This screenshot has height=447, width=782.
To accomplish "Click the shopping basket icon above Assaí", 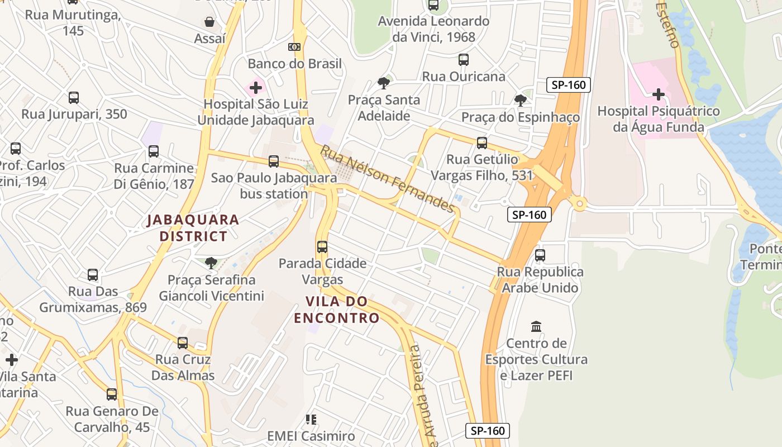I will [x=209, y=22].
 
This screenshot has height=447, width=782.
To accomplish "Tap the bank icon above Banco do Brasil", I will [x=294, y=47].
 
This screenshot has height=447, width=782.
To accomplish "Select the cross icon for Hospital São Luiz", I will [x=256, y=88].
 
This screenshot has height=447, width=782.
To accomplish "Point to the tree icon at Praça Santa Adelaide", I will [x=383, y=83].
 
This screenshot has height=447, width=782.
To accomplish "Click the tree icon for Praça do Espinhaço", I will [x=520, y=101].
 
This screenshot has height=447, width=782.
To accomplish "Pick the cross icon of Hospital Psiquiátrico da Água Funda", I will [x=659, y=94].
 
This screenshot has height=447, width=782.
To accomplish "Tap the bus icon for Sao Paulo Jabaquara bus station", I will [x=274, y=161].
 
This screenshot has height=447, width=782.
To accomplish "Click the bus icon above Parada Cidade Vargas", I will [x=322, y=246].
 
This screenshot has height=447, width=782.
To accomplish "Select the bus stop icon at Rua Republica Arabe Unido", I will [x=540, y=255].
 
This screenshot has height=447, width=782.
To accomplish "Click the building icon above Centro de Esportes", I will [x=536, y=326].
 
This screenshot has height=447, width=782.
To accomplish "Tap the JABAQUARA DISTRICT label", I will [x=193, y=228].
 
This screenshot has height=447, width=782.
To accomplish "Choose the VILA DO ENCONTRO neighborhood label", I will [x=337, y=310].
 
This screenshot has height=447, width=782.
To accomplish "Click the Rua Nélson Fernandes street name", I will [x=387, y=179].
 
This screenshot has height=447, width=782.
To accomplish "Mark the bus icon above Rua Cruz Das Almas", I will [x=183, y=343].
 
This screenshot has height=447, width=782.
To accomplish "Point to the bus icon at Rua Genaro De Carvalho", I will [x=112, y=394].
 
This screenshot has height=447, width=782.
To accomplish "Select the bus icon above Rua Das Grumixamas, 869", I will [x=93, y=275].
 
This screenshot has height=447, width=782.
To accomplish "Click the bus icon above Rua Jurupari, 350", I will [x=74, y=98].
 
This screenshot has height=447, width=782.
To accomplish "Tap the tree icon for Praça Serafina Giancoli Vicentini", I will [x=211, y=263].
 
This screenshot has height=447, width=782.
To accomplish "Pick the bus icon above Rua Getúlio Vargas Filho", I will [x=482, y=142].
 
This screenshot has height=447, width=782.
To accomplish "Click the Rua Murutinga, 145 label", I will [x=73, y=23].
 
